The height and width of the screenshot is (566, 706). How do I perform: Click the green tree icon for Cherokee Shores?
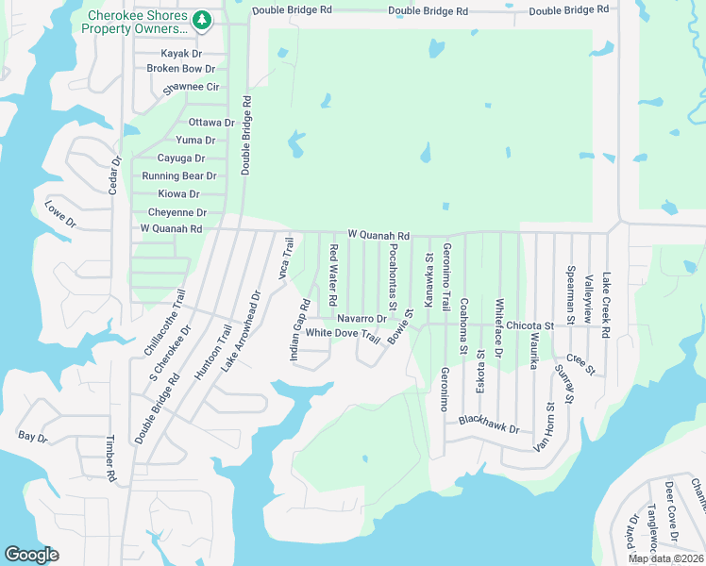coord(201,19)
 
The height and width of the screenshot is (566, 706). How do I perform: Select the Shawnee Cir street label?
coord(193,88)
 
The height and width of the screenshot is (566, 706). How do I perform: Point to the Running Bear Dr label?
coord(179,176)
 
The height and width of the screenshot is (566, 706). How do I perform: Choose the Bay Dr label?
coord(32,436)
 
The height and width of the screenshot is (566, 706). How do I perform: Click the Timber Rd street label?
coord(110,459)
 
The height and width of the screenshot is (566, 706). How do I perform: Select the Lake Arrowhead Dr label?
coord(241,330)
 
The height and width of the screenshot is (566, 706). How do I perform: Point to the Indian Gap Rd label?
coord(299,330)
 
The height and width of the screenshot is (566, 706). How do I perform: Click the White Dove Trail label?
coord(343,334)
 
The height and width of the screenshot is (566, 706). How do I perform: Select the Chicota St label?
coord(529,325)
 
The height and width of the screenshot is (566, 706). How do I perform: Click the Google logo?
coord(31,554)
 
